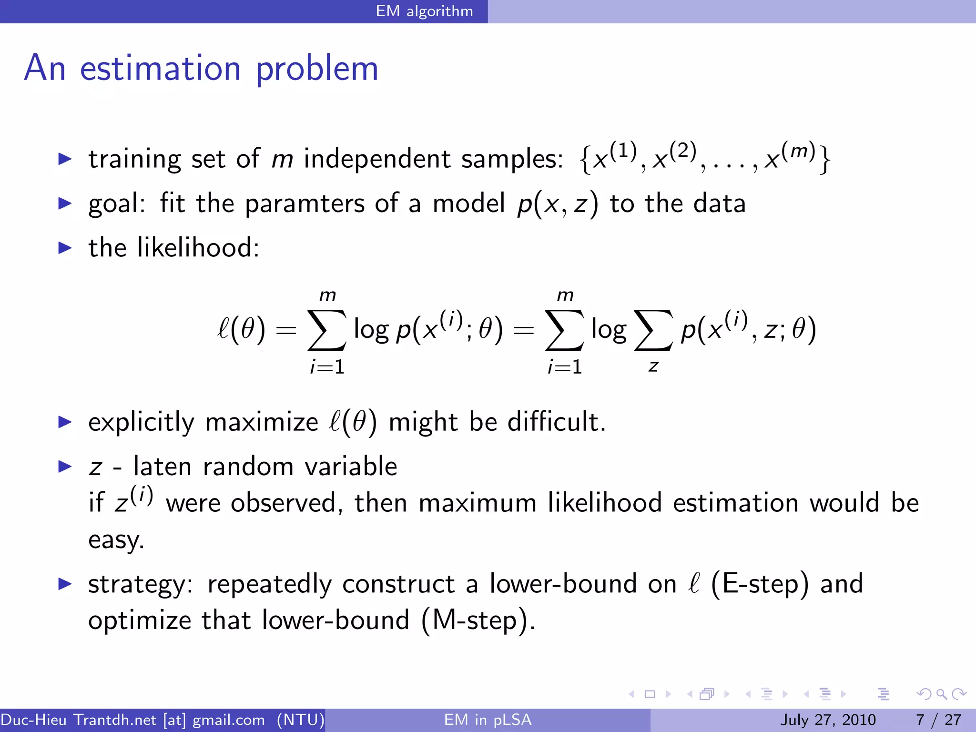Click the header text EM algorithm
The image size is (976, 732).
point(424,11)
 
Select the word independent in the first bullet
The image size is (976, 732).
point(377,159)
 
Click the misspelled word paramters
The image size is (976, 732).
point(305,204)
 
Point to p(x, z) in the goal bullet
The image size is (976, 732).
point(557,204)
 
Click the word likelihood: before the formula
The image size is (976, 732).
point(198,248)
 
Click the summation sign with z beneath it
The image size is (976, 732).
point(653,330)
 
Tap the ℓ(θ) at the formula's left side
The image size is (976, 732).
point(241,330)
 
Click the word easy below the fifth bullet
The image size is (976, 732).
point(116,540)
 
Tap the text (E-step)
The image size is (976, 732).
point(760,584)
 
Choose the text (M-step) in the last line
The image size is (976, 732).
point(478,620)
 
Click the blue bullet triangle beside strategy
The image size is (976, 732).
point(65,584)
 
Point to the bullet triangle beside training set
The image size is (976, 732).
point(65,159)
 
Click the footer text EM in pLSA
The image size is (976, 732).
point(488,720)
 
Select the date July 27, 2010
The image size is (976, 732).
point(828,720)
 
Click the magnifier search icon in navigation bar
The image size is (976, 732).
point(941,694)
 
